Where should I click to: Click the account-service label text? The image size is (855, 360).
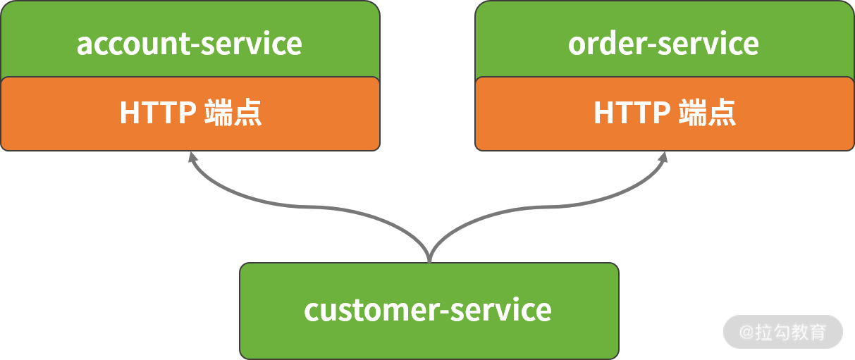point(190,44)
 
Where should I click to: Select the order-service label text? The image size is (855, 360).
point(663,44)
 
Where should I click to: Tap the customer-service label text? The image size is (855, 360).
point(428,310)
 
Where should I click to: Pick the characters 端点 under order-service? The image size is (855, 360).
point(707,113)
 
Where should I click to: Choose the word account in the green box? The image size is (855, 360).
point(133,44)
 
